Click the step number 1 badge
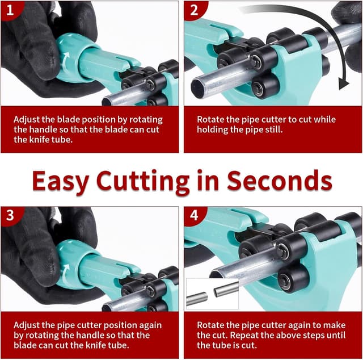tap(9, 10)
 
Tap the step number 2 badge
tap(193, 10)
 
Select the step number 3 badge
tap(9, 216)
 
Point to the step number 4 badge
tap(193, 216)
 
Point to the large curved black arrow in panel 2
tap(318, 34)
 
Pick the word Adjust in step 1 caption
tap(27, 120)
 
